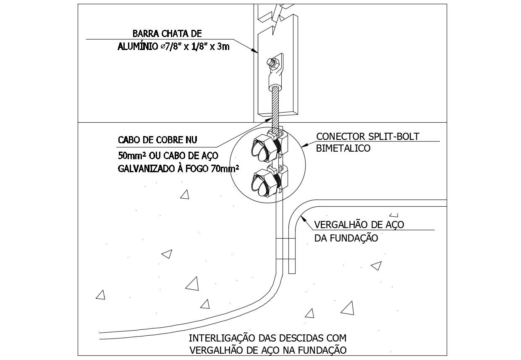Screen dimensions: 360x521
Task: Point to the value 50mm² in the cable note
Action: (131, 156)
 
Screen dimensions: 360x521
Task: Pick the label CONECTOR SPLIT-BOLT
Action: (368, 137)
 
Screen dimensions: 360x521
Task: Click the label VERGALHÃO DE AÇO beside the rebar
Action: (359, 225)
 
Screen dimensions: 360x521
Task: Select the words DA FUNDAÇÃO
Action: (346, 238)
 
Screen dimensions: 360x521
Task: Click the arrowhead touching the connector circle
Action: (304, 145)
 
